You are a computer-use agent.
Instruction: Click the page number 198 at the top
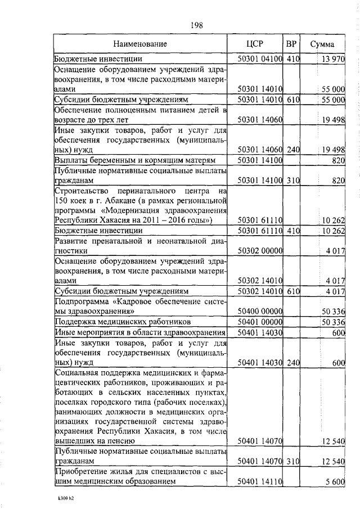[x=196, y=25]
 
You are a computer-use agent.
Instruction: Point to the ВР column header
[x=291, y=43]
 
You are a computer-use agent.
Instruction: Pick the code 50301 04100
[x=260, y=58]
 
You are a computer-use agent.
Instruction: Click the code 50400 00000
[x=260, y=310]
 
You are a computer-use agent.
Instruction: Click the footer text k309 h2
[x=66, y=498]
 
